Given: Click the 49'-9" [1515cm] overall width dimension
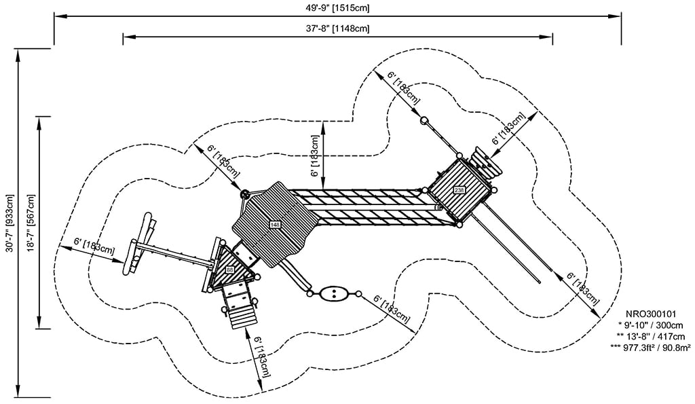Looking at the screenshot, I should [337, 7].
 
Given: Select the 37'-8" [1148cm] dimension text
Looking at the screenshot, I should [337, 29].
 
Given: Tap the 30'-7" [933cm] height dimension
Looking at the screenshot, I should [9, 225].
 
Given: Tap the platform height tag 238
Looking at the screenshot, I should [459, 190].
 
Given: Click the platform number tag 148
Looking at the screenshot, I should [275, 225].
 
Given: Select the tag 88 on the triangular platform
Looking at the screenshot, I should [230, 270].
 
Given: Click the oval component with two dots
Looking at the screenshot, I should [333, 294].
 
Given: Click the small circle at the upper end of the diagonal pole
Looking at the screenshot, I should [425, 121].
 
